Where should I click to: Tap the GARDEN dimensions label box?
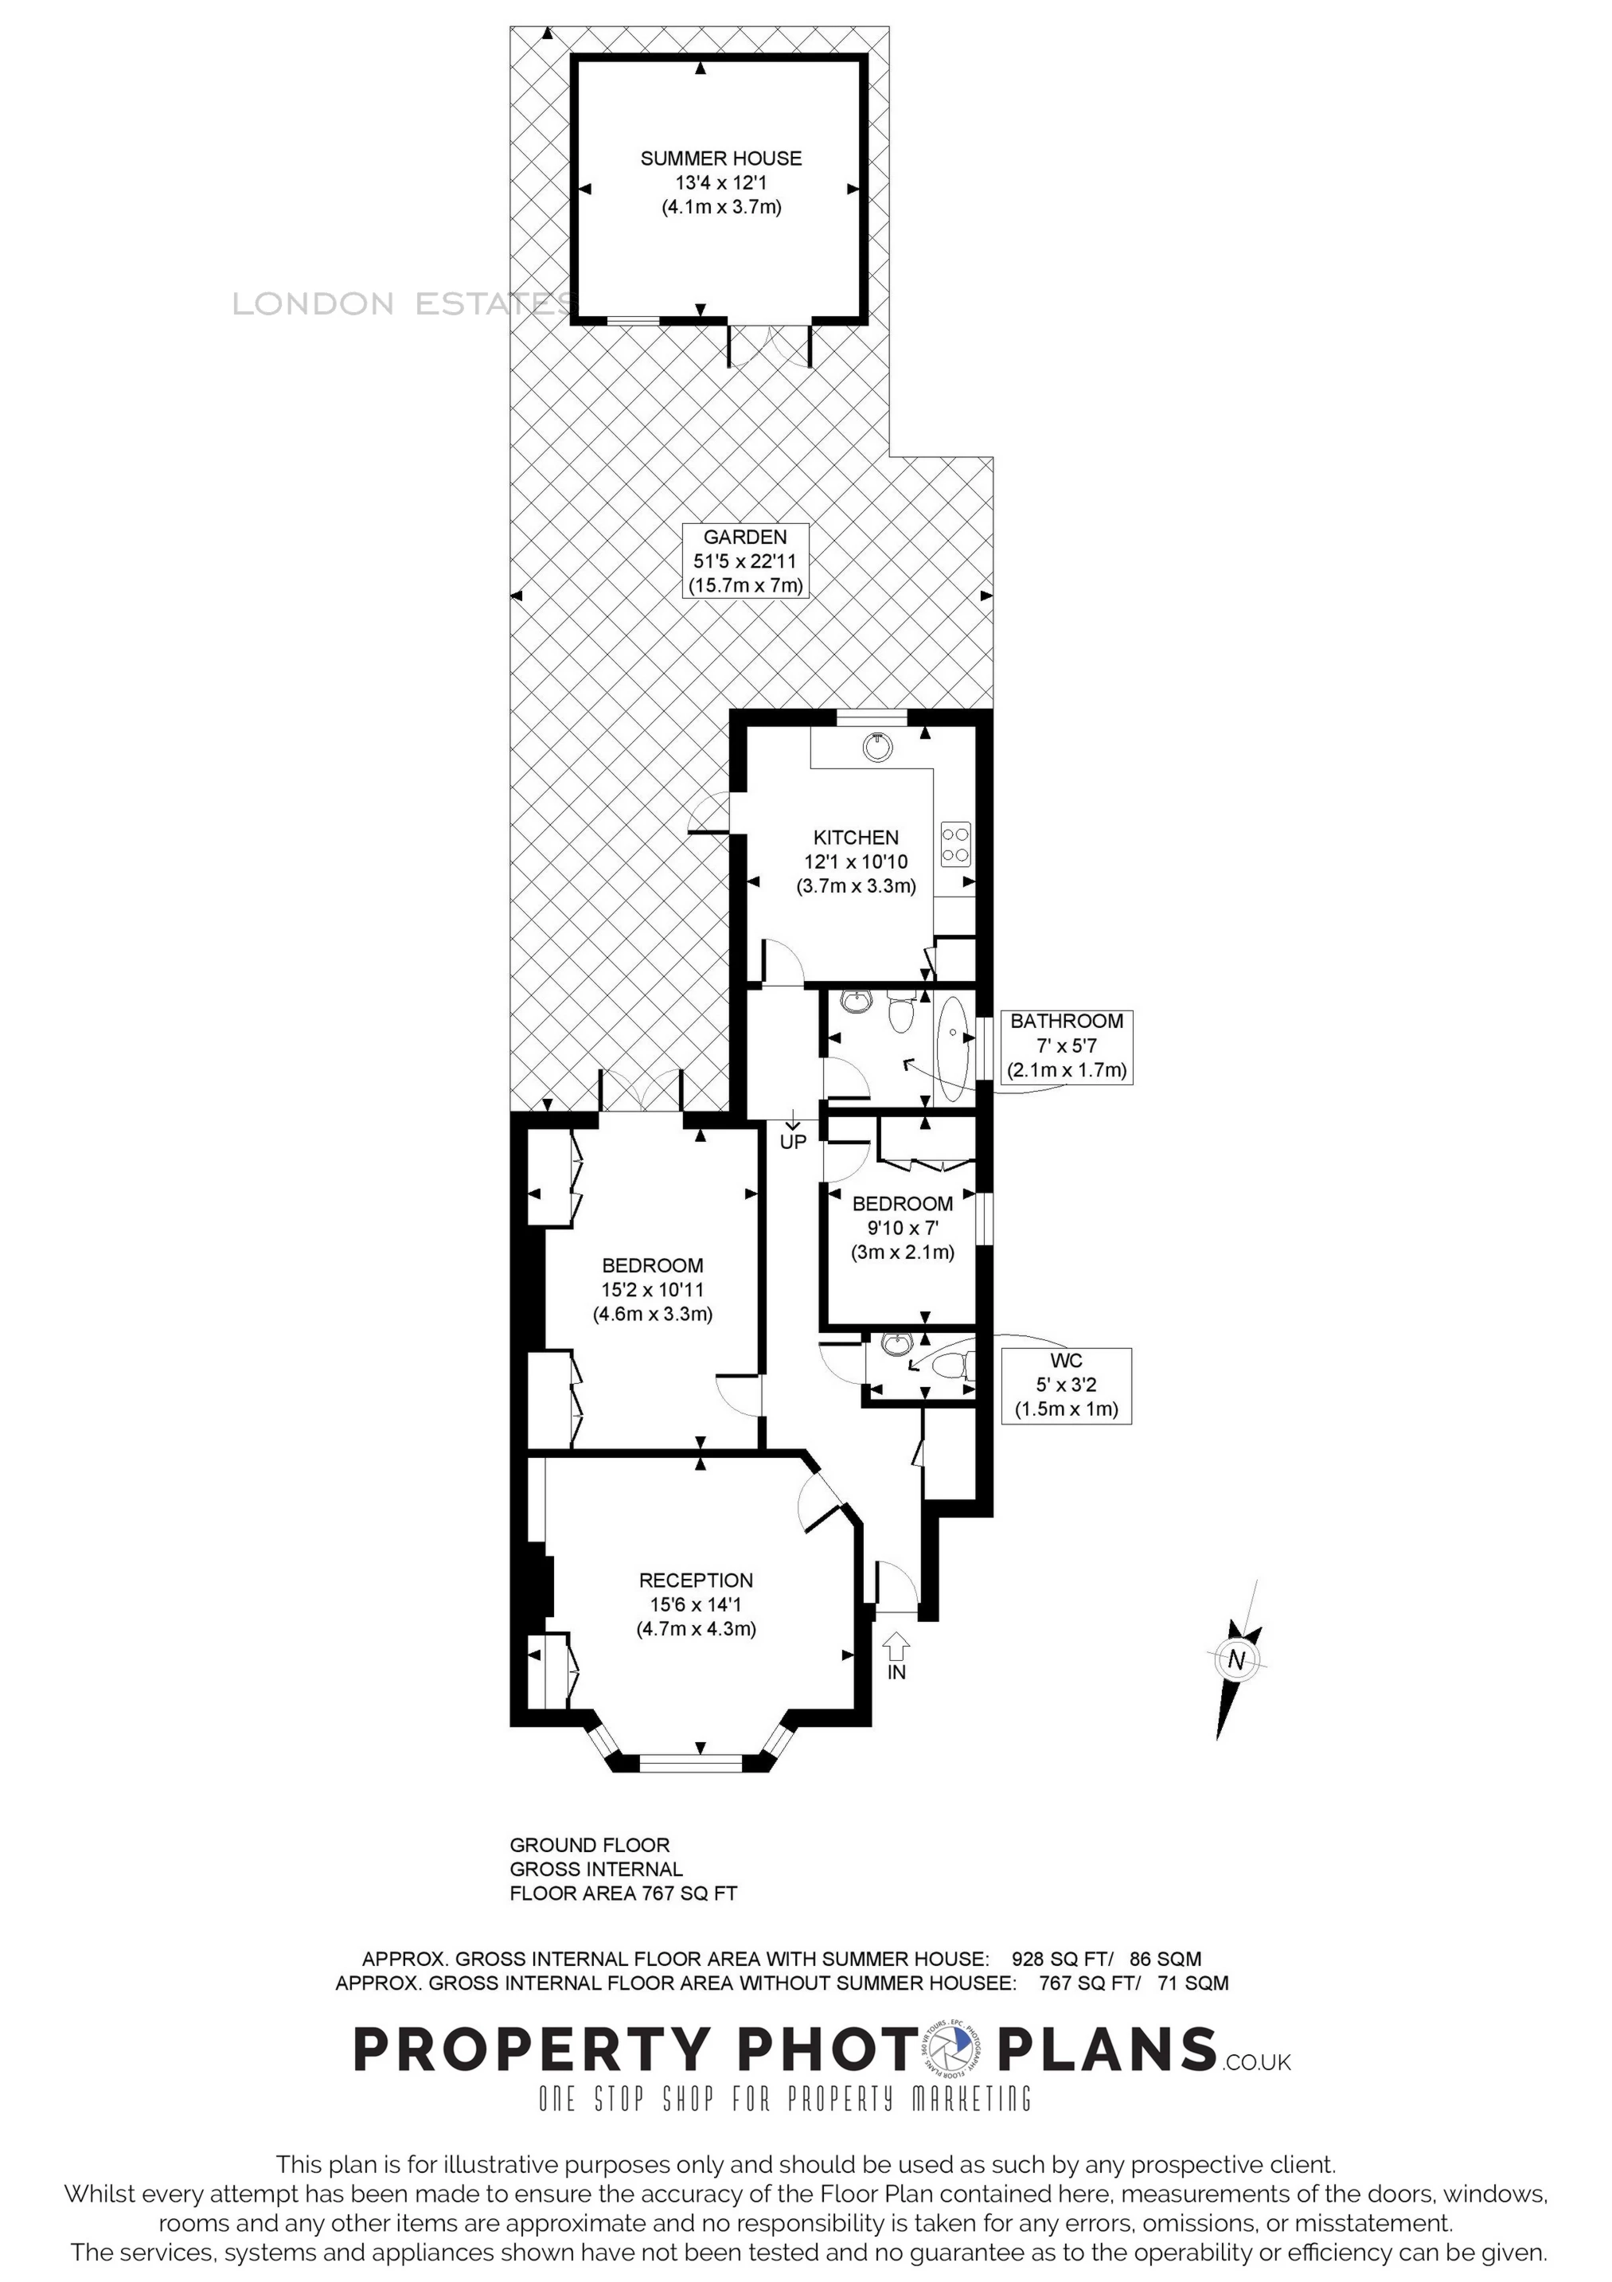coord(745,561)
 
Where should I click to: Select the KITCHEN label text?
coord(856,838)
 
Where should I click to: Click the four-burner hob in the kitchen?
coord(956,844)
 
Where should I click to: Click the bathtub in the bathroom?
coord(955,1049)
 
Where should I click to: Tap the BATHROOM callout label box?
coord(1067,1046)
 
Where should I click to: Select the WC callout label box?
coord(1067,1385)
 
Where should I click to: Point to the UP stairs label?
coord(793,1142)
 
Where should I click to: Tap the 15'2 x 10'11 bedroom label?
coord(653,1290)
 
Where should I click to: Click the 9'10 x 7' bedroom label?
coord(903,1228)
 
